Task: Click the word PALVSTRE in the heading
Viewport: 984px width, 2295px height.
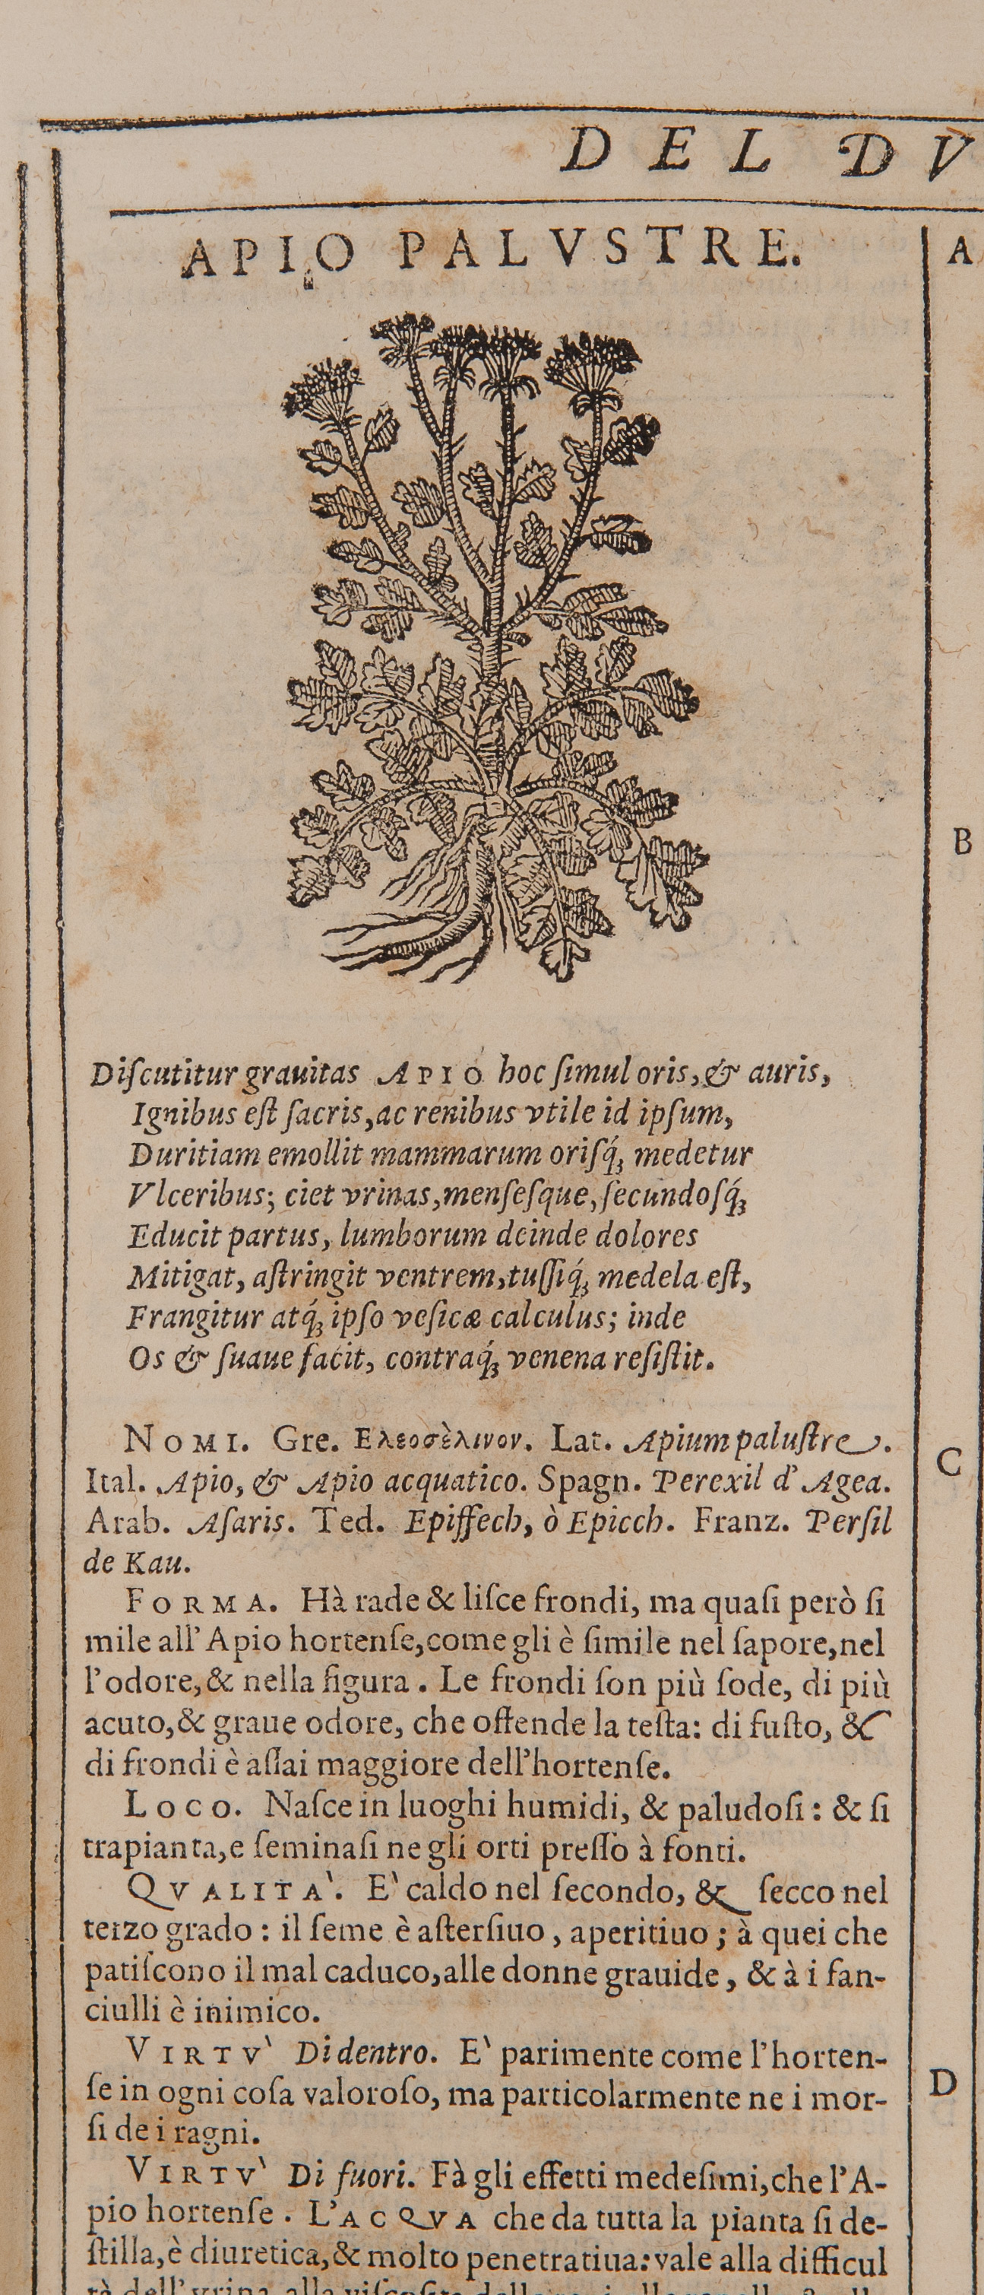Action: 594,252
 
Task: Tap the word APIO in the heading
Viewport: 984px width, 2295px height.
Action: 267,256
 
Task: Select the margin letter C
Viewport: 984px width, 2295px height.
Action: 950,1463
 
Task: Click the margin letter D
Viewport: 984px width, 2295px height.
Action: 943,2083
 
